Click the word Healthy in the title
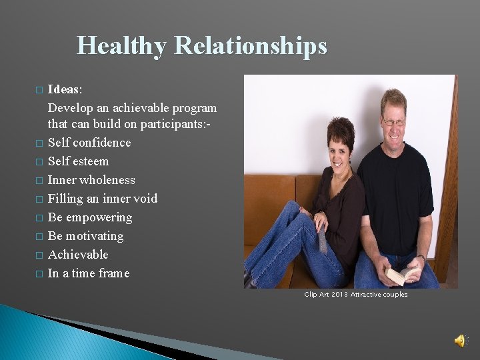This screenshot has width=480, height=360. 122,46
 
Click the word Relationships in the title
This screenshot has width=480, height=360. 251,46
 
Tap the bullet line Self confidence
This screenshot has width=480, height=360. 89,143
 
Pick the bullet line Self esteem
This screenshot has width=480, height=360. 78,161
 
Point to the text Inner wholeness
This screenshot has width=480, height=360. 91,180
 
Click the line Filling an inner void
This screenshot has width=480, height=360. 103,199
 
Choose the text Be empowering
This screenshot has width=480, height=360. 90,217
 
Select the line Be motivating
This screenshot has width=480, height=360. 85,236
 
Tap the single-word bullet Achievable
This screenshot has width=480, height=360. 78,255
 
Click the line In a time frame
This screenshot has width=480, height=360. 89,273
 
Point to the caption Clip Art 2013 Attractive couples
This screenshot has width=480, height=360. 355,295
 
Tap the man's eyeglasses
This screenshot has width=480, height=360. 393,122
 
